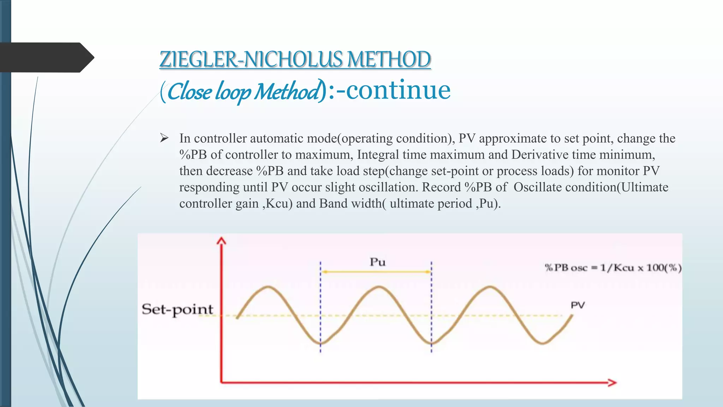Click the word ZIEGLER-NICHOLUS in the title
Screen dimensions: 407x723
(x=251, y=59)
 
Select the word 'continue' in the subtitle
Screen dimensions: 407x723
(x=398, y=90)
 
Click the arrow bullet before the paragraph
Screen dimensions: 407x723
(x=164, y=138)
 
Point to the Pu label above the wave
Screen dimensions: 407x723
(x=377, y=262)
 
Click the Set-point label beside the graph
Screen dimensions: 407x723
(x=177, y=309)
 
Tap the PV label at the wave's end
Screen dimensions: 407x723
(x=578, y=305)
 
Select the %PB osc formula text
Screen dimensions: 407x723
(x=613, y=268)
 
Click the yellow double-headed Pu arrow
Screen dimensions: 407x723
(x=376, y=272)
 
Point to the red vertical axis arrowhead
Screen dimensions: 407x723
(x=221, y=241)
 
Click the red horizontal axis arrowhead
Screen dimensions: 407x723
(x=612, y=382)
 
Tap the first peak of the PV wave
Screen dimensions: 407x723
(x=269, y=287)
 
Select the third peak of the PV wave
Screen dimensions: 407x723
(x=490, y=287)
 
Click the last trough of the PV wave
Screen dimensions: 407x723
(x=543, y=343)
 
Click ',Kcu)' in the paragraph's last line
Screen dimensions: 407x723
(x=277, y=203)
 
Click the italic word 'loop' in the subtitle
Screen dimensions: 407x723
(x=233, y=92)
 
